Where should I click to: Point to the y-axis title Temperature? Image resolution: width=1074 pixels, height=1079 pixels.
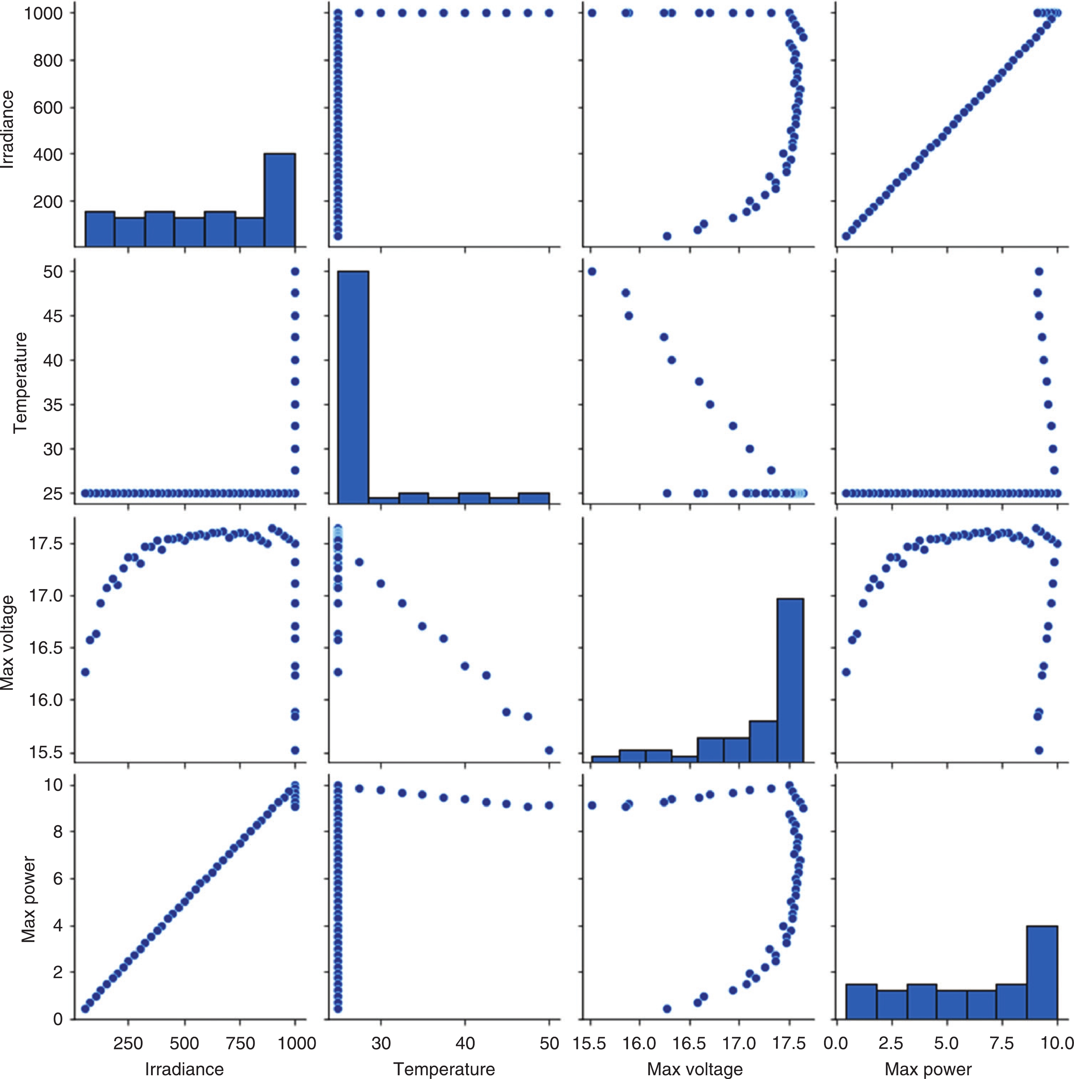(20, 383)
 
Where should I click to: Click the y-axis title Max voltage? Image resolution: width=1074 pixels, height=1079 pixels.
(8, 642)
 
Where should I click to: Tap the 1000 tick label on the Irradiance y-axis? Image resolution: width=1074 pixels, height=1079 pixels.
(42, 13)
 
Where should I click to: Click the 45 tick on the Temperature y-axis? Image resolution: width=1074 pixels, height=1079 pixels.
(53, 316)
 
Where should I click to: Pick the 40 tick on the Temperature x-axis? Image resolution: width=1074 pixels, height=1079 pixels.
(465, 1043)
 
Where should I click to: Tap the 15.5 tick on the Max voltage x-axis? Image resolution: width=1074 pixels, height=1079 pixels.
(590, 1043)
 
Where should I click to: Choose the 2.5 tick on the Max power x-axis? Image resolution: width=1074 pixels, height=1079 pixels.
(890, 1043)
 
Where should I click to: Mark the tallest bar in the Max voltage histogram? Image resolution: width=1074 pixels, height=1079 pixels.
(790, 680)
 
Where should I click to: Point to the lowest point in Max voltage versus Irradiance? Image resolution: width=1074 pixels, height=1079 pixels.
(295, 750)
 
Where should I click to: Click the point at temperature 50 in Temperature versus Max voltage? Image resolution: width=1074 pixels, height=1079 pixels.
(592, 271)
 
